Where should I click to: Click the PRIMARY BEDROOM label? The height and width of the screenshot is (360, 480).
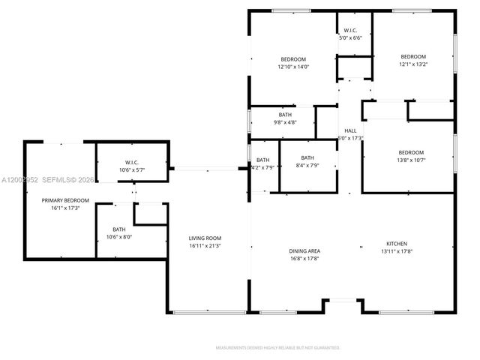click(x=65, y=200)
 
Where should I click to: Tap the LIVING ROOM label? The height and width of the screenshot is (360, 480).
click(x=204, y=238)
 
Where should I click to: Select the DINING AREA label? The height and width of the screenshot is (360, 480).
click(x=304, y=250)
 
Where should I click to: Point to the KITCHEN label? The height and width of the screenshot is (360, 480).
click(x=397, y=244)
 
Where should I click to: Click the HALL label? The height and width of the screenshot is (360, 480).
click(x=350, y=130)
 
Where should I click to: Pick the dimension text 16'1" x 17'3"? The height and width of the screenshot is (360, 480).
click(x=65, y=208)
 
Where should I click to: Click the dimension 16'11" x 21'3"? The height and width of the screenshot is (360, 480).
click(x=204, y=245)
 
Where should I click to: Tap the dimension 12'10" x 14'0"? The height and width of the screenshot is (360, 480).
click(x=293, y=67)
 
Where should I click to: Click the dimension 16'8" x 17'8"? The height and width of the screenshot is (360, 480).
click(x=304, y=259)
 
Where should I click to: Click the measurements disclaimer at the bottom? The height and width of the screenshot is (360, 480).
click(x=277, y=348)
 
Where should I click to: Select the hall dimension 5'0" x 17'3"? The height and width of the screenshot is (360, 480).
click(x=351, y=138)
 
